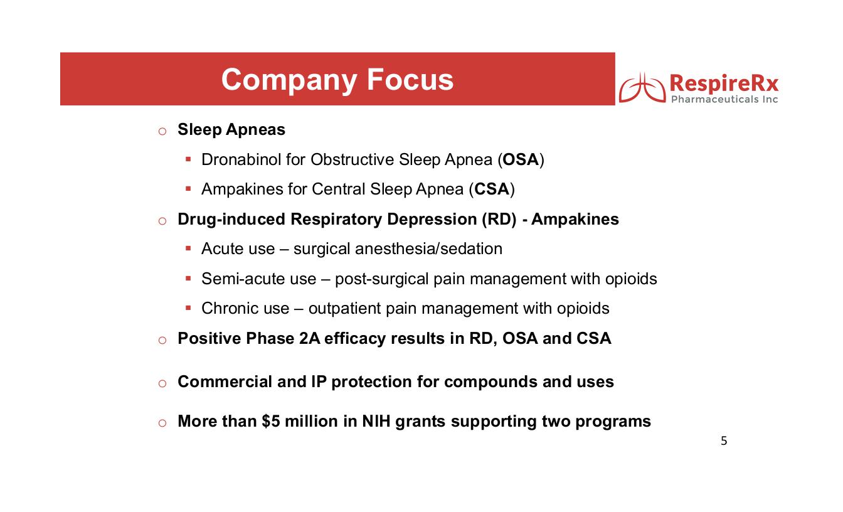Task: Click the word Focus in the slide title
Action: click(x=410, y=80)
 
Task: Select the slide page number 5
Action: click(x=724, y=441)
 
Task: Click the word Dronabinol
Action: click(x=241, y=160)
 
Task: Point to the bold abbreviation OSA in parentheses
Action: click(x=521, y=160)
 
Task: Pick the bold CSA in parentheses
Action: click(x=491, y=189)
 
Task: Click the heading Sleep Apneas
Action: click(x=231, y=130)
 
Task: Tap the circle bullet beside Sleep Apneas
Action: click(x=162, y=131)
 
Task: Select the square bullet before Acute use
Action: click(x=188, y=248)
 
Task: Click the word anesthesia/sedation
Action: click(x=429, y=249)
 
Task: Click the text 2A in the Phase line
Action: click(x=312, y=339)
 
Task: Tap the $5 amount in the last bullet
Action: click(x=270, y=422)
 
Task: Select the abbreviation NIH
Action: click(x=376, y=422)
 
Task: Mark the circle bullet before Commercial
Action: click(x=162, y=383)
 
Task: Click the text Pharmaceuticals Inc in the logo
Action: click(x=724, y=100)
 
